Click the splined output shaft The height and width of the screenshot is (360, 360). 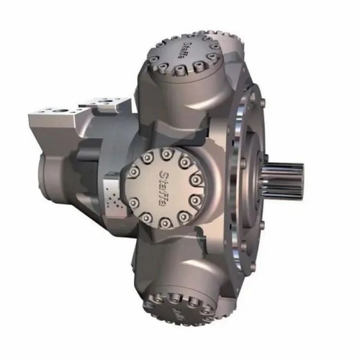tap(284, 174)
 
